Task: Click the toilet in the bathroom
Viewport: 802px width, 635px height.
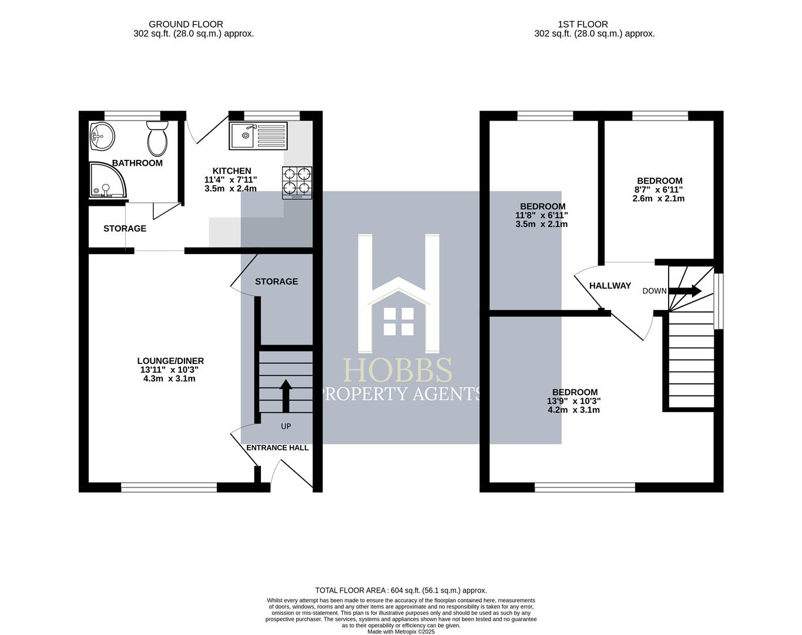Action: [157, 139]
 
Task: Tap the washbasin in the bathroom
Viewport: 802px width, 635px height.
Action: [102, 137]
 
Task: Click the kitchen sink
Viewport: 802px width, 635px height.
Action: [259, 136]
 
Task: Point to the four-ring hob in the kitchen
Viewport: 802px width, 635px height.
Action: [297, 181]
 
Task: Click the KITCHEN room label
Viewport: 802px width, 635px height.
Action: [231, 171]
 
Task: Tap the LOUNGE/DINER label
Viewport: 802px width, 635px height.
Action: [170, 361]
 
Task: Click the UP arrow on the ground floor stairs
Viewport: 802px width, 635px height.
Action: [286, 396]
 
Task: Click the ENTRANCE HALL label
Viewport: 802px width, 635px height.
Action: [277, 447]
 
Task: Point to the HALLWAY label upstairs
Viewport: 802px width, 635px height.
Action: [610, 286]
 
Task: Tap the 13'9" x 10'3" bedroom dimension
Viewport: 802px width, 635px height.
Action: [574, 401]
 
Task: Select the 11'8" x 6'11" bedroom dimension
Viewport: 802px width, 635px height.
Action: [542, 215]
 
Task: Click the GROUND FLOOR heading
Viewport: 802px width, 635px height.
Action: [186, 24]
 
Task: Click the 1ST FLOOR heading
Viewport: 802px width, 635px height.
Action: [583, 24]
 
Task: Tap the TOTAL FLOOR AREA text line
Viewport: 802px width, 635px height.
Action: [401, 590]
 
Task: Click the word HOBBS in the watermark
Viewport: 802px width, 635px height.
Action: [398, 371]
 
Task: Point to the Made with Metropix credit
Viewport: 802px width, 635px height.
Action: [401, 631]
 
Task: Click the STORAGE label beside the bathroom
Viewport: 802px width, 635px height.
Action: [125, 229]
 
